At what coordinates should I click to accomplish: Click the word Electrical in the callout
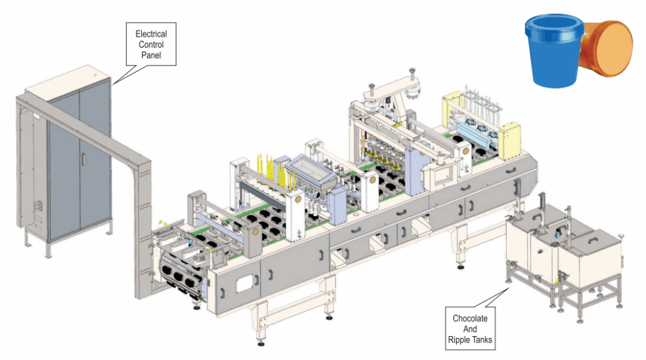pos(151,33)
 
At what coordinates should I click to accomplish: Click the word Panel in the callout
pos(151,55)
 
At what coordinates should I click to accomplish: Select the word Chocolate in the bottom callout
pos(470,318)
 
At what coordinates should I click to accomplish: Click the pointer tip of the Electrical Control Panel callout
pos(112,84)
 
